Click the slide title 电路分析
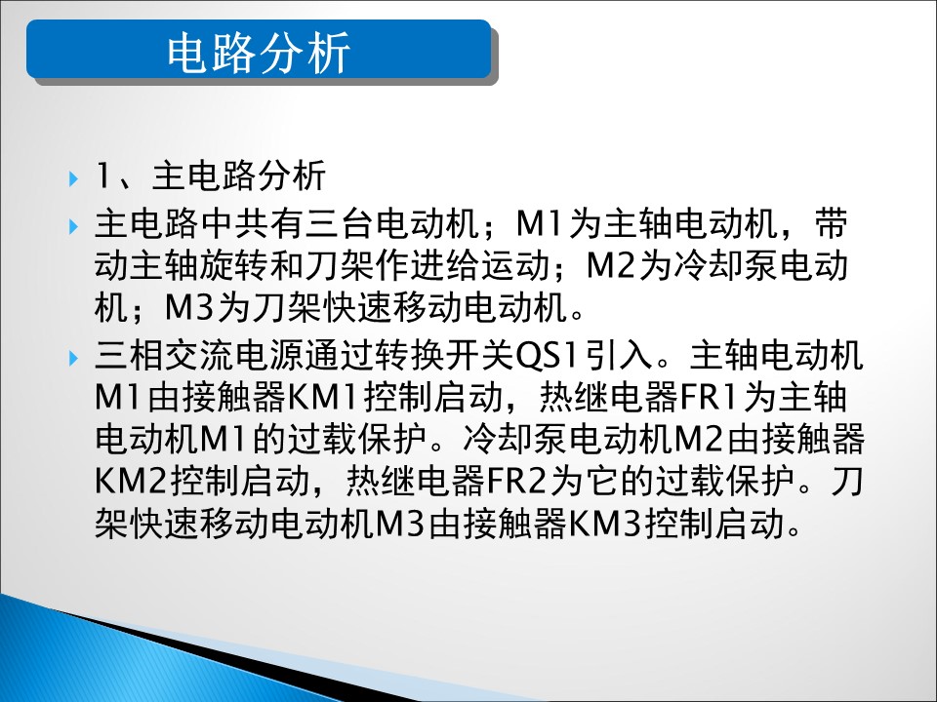pos(258,53)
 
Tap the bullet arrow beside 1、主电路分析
pos(73,177)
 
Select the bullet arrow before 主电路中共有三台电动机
pos(73,226)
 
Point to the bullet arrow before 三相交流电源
pos(73,358)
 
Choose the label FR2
pos(517,481)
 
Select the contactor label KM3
pos(605,524)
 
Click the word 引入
pos(618,355)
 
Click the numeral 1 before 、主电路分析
pos(102,175)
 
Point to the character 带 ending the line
pos(832,224)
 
